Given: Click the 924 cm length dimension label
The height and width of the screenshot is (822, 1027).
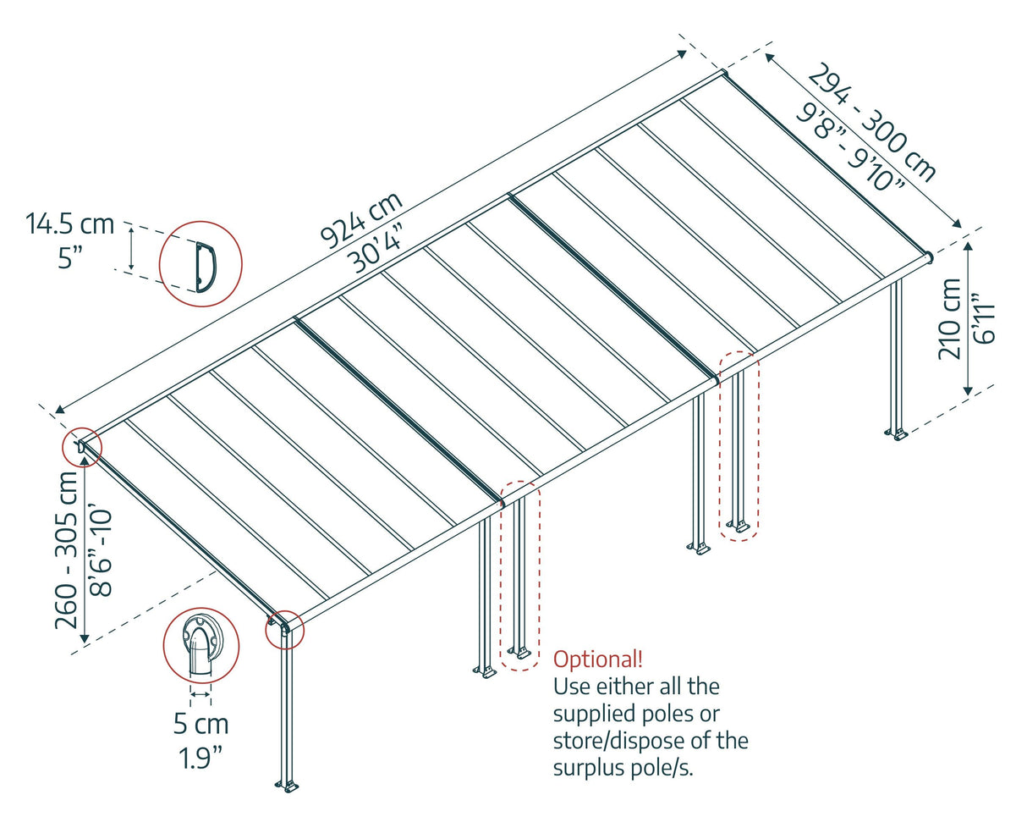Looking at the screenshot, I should (x=361, y=219).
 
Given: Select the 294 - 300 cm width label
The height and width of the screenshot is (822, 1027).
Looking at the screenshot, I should (x=872, y=122).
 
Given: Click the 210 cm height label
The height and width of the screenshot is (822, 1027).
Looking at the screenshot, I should (x=951, y=318).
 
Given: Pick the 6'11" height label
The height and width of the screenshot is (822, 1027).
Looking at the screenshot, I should (x=984, y=318).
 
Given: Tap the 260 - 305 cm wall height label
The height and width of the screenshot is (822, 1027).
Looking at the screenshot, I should (x=69, y=549).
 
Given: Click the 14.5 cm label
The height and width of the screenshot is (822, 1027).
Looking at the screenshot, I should (x=69, y=224).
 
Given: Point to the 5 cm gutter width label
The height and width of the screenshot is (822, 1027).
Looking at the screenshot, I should (x=200, y=725).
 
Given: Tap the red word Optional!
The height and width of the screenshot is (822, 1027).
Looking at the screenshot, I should (x=597, y=659).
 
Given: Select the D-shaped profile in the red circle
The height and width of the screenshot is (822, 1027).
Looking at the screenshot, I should (x=206, y=265).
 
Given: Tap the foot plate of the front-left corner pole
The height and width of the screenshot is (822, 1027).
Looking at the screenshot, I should (x=288, y=786).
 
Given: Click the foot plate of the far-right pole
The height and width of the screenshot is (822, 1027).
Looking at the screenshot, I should (x=896, y=435).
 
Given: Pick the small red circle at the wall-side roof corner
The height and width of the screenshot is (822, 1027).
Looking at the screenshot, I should (x=82, y=446).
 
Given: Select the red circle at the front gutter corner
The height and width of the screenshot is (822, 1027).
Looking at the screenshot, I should (x=283, y=629).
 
